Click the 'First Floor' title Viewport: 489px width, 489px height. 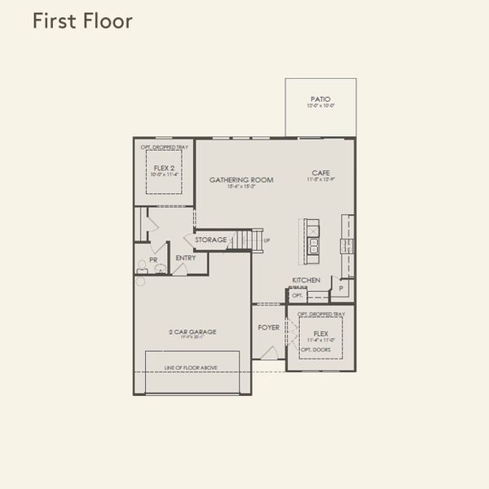point(81,21)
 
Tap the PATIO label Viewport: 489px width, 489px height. point(320,99)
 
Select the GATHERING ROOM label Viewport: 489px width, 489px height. point(241,179)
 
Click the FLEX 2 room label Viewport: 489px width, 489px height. point(165,167)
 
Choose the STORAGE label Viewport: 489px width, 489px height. point(210,240)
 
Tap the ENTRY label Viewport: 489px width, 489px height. point(186,258)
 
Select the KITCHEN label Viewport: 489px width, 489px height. point(306,280)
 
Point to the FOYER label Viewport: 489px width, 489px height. point(269,328)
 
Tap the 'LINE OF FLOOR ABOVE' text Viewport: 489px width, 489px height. point(191,368)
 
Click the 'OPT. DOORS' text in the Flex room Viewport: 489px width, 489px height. point(313,349)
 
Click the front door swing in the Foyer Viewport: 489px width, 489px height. point(269,351)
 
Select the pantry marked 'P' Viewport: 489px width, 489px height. point(340,288)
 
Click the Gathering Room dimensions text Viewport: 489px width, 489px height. point(241,187)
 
